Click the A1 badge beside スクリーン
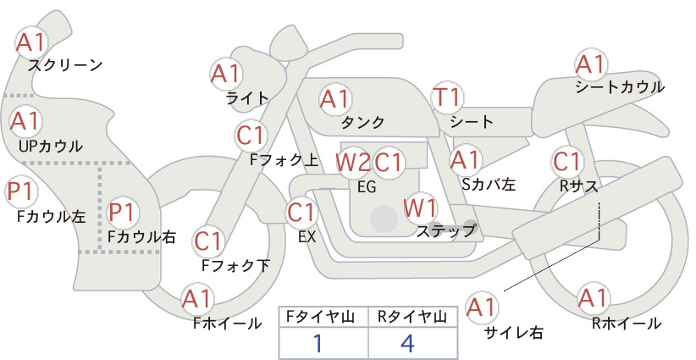[31, 42]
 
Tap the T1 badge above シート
[447, 97]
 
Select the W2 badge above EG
[352, 162]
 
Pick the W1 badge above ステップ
[420, 208]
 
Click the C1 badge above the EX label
[302, 213]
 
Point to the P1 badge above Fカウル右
[122, 212]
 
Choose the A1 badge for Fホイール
[196, 299]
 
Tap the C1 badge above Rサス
[566, 162]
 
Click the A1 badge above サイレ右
[482, 307]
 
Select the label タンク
[362, 122]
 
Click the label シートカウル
[620, 87]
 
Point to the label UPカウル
[51, 146]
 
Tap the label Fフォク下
[235, 265]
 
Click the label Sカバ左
[489, 184]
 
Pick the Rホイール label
[627, 324]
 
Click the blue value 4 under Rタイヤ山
[407, 343]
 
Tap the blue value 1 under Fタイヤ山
[318, 343]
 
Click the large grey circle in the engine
[384, 219]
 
